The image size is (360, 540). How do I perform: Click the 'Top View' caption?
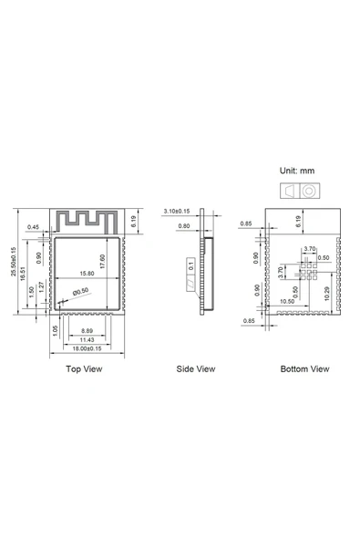85,369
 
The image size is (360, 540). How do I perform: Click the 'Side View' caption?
196,369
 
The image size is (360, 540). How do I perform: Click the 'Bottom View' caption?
306,369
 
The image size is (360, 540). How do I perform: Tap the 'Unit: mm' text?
299,171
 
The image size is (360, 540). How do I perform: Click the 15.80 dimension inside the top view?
87,273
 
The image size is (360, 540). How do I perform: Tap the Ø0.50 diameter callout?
81,291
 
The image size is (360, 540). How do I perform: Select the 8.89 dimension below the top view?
87,329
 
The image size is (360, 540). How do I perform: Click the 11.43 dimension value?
87,339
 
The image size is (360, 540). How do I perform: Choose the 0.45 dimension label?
34,226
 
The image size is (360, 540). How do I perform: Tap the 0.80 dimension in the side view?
184,225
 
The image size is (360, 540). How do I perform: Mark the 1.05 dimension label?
56,329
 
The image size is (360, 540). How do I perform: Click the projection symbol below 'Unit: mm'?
299,191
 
